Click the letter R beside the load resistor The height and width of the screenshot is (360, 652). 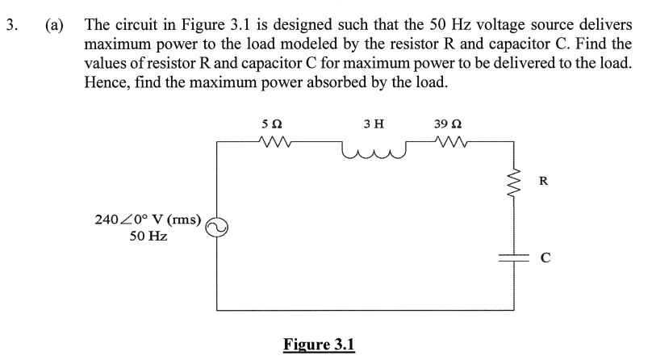click(x=545, y=180)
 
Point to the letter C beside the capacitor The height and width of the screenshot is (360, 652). click(x=545, y=258)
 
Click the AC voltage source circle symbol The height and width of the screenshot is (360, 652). click(x=216, y=228)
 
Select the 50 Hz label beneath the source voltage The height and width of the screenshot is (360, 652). click(x=148, y=237)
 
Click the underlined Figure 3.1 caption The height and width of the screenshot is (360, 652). click(x=319, y=344)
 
